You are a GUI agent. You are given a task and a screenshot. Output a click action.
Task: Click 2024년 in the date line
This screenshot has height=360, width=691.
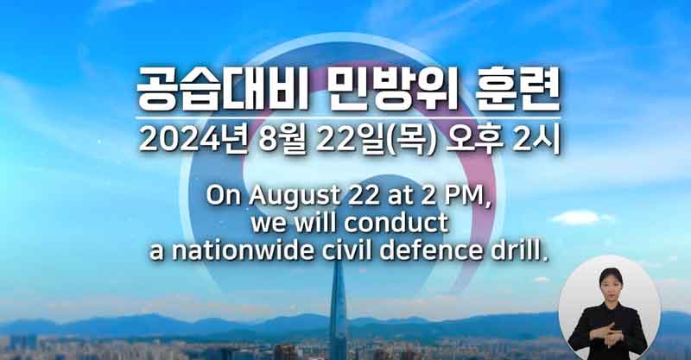point(192,141)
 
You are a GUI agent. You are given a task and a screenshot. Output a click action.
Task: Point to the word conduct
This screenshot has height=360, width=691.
point(396,223)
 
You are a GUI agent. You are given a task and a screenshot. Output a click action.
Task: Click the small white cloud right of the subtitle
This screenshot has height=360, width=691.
point(577,218)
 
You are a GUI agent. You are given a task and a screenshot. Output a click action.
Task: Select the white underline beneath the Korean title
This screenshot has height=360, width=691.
point(348,118)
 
